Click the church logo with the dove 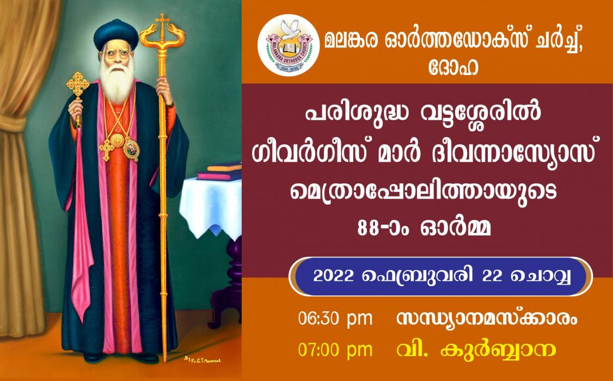click(289, 46)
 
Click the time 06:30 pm click(335, 319)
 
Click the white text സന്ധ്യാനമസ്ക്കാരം click(487, 319)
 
